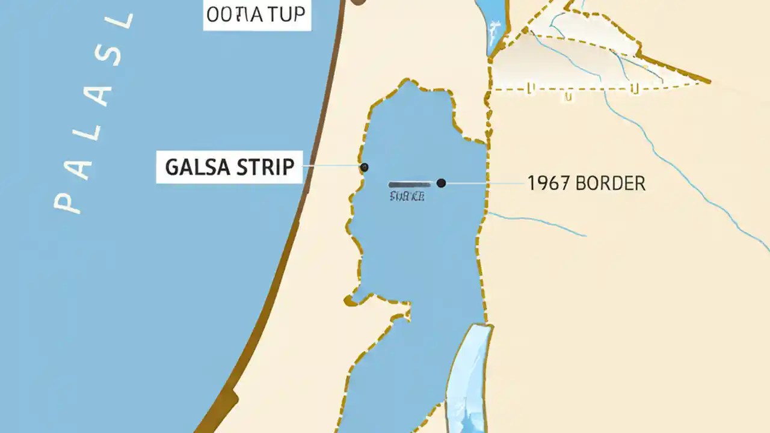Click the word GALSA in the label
tap(196, 167)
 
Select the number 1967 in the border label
tap(549, 183)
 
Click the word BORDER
tap(610, 183)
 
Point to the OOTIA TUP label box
tap(257, 15)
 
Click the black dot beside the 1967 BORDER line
tap(441, 183)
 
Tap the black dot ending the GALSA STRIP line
tap(364, 167)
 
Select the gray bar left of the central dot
tap(410, 184)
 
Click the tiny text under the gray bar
tap(407, 196)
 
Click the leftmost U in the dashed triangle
tap(531, 89)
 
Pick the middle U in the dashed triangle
tap(568, 96)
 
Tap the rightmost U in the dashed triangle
tap(633, 89)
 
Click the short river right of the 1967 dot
tap(535, 224)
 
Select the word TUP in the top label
tap(286, 15)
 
